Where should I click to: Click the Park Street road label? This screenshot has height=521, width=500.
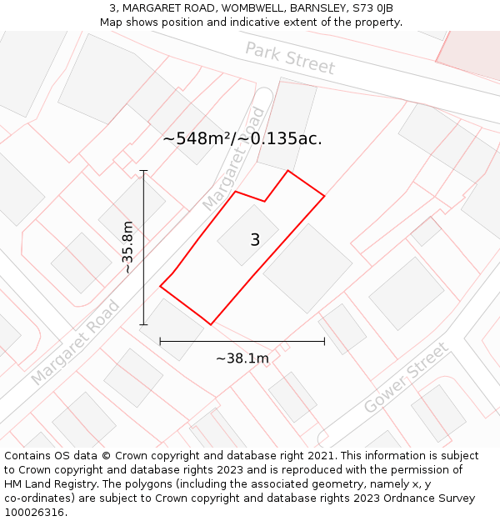(290, 58)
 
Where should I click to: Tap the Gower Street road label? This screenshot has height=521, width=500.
(406, 378)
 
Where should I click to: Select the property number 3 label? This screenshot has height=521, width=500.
(255, 240)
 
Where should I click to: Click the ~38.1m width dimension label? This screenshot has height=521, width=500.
(242, 358)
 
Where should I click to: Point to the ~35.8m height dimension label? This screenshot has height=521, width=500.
(127, 248)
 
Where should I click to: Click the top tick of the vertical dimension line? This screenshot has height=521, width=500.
(143, 171)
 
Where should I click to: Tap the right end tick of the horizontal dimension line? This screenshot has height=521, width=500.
(324, 341)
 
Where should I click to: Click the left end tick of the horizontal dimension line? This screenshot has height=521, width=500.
(160, 341)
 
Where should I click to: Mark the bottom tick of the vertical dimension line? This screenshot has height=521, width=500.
(143, 324)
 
